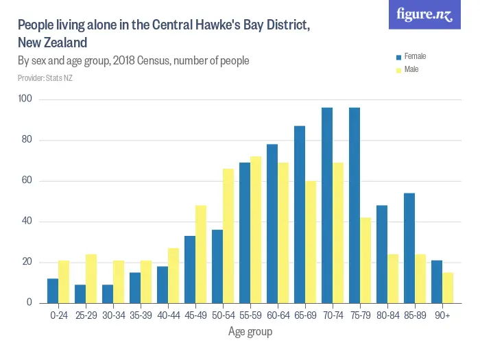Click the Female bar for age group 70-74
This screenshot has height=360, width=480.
(327, 205)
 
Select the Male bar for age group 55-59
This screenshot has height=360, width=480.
(256, 230)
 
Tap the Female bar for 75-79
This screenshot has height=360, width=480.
(355, 205)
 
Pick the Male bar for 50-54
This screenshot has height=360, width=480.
(228, 236)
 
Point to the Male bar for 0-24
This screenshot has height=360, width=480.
(64, 282)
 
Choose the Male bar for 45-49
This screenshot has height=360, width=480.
(201, 254)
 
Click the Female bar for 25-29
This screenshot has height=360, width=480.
(80, 293)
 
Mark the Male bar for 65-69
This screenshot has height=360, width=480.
(311, 242)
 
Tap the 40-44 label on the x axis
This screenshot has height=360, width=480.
(168, 315)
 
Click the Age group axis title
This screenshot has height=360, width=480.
(250, 332)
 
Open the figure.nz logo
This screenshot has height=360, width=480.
(425, 15)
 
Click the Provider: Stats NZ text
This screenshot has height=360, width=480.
(45, 78)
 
